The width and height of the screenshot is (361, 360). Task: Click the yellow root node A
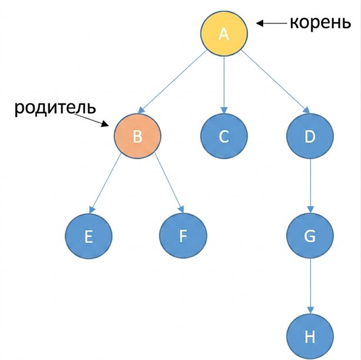pos(224,34)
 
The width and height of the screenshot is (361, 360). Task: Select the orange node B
pos(137,136)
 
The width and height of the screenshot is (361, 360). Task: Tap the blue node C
pos(224,136)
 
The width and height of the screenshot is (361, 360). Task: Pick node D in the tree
pos(310,136)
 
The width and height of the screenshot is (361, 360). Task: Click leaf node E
pos(89,236)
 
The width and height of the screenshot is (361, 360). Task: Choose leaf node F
pos(183,236)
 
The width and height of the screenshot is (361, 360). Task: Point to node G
pos(310,236)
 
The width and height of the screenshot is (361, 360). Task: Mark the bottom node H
pos(310,336)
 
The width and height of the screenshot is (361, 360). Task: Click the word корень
pos(320,22)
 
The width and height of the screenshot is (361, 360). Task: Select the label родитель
pos(55,108)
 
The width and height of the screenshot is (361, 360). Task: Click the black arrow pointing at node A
pos(271,23)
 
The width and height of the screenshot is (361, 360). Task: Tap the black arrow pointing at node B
pos(91,120)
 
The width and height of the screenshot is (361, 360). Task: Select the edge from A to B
pos(172,82)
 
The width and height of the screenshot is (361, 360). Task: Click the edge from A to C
pos(224,85)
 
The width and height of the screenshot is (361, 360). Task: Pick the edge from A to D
pos(276,82)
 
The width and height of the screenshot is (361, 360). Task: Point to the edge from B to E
pos(105,183)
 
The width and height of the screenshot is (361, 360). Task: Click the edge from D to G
pos(310,186)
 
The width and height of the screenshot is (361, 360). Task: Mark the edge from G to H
pos(310,286)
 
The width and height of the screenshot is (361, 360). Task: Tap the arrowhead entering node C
pos(224,110)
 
